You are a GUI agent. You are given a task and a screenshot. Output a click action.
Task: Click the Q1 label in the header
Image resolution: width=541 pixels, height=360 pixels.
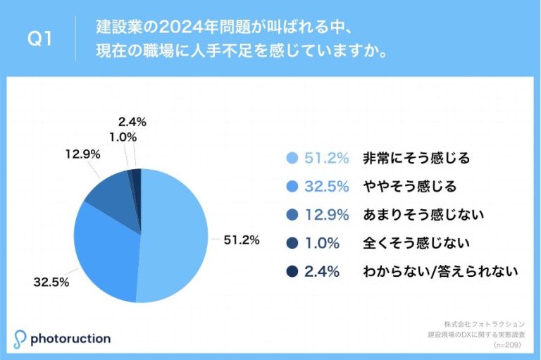(40, 39)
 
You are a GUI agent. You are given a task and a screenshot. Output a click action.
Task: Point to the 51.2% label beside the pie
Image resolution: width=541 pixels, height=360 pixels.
(242, 240)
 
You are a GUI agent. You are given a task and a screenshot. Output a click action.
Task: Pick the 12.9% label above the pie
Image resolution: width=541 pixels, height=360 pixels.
(82, 153)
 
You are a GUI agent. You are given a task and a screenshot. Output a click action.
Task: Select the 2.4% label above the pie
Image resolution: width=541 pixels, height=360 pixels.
(132, 121)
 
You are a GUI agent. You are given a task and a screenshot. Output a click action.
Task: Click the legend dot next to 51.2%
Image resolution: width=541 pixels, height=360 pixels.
(291, 159)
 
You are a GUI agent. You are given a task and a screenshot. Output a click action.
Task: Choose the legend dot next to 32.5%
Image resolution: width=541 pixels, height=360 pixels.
(291, 187)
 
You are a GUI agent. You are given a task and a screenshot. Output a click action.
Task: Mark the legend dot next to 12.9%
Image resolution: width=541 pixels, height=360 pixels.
(291, 215)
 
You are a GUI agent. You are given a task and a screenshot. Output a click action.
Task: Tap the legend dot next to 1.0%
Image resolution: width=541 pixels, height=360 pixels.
(291, 243)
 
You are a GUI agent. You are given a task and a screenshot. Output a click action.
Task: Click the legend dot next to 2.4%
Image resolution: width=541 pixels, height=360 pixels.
(291, 271)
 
